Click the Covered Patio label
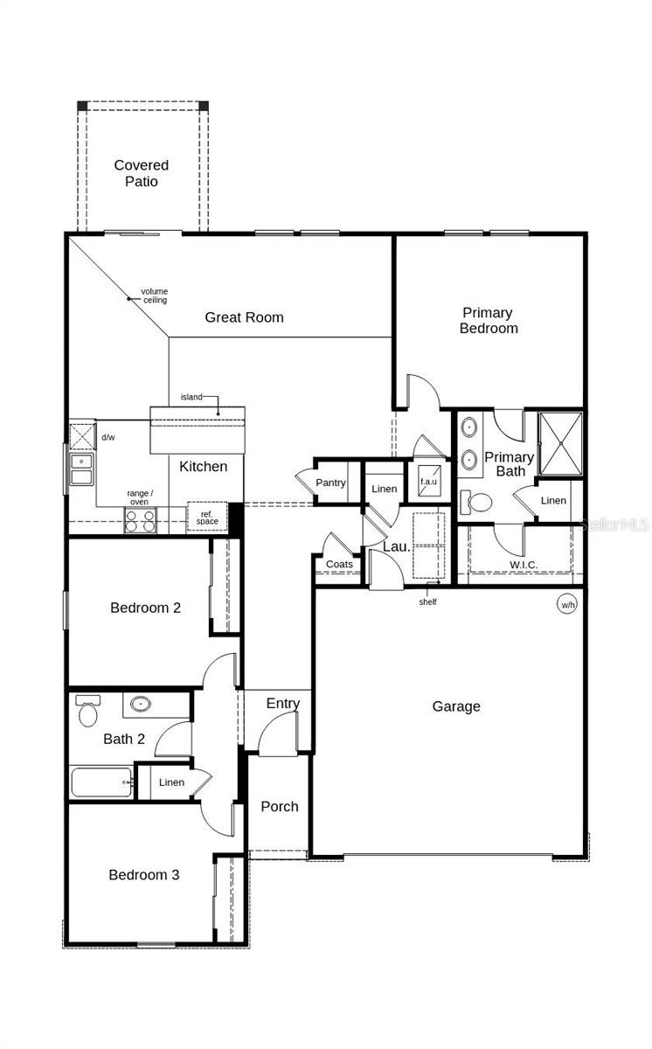click(141, 173)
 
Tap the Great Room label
click(244, 317)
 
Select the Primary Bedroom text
click(489, 321)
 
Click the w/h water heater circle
click(567, 604)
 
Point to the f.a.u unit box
click(428, 483)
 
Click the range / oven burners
click(140, 521)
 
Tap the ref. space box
click(207, 517)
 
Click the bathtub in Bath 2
click(101, 782)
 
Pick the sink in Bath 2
click(140, 702)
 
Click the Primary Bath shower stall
click(559, 443)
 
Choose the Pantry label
click(331, 483)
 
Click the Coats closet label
click(339, 564)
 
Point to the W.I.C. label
click(524, 565)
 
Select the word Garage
click(455, 706)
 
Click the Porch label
click(280, 806)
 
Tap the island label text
click(191, 397)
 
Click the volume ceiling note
click(156, 295)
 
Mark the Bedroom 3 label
click(144, 874)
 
